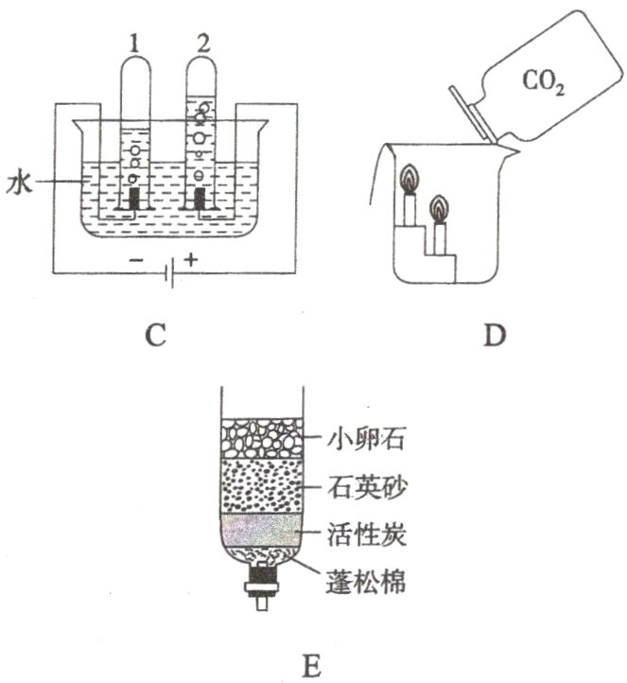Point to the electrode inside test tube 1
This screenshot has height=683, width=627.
134,199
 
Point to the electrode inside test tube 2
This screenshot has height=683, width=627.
200,199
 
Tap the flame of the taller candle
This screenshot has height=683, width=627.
409,177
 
